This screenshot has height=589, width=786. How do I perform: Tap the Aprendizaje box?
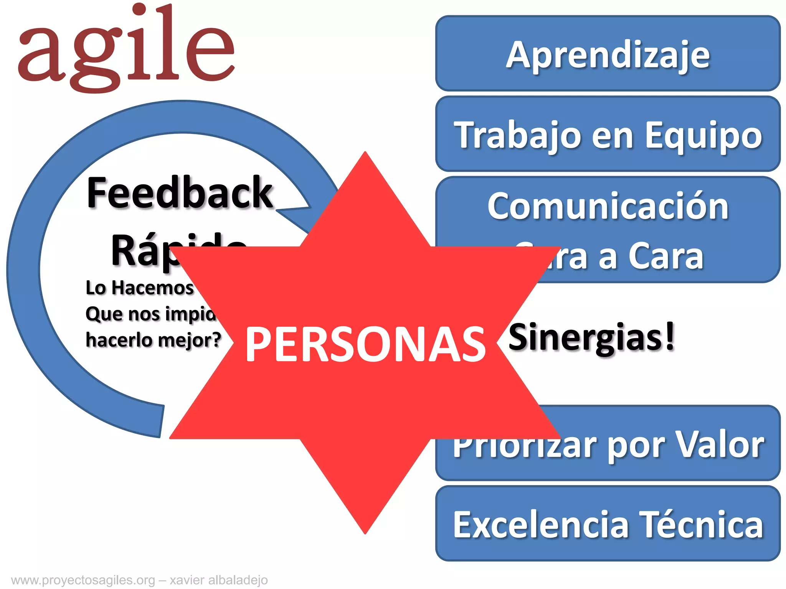(x=608, y=54)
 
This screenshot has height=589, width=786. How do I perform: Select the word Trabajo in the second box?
(x=517, y=135)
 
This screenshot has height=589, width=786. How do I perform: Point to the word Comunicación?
(x=608, y=206)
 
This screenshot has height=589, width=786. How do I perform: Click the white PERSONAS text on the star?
(x=365, y=344)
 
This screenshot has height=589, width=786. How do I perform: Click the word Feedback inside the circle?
(x=180, y=192)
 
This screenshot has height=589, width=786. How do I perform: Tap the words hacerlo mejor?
(x=154, y=340)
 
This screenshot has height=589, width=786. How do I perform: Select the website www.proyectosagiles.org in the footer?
(x=83, y=580)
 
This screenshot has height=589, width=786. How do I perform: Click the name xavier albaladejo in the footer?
(x=219, y=580)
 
